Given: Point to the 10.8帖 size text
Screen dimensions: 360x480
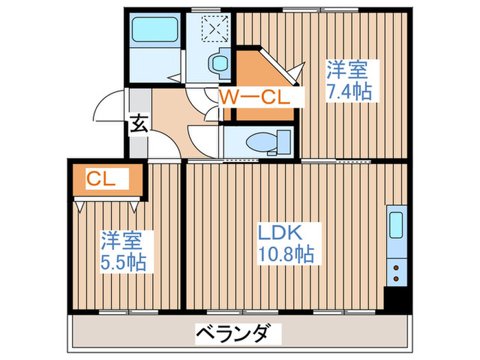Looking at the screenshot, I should (x=287, y=255).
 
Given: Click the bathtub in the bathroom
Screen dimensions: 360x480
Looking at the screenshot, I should (x=154, y=30).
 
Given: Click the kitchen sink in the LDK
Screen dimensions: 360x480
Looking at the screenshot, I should (x=398, y=225).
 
